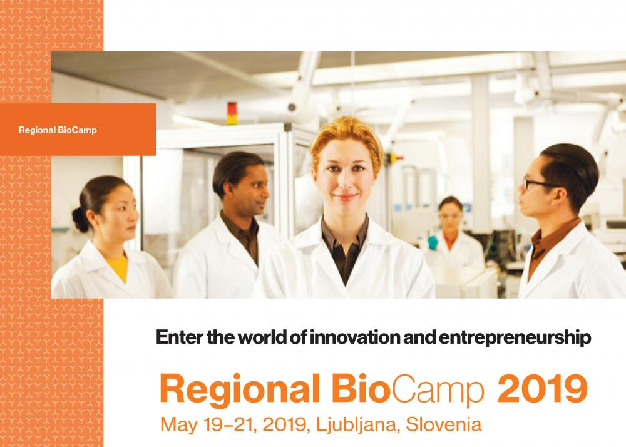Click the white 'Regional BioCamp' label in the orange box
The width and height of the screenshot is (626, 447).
(58, 130)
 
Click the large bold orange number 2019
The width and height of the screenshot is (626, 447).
(543, 389)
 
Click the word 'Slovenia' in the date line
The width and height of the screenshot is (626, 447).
(444, 424)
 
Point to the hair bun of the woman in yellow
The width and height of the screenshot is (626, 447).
(80, 220)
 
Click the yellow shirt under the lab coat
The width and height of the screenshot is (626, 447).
(118, 268)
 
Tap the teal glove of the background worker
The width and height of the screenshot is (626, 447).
(433, 243)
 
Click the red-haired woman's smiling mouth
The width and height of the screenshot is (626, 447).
(345, 197)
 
